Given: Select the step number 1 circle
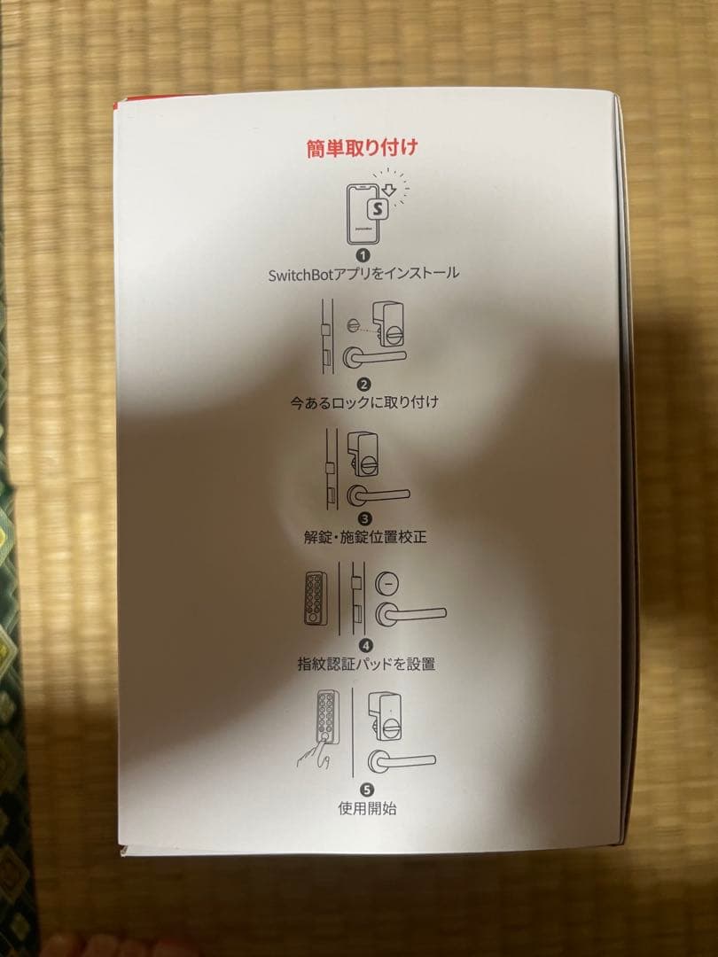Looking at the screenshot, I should (363, 255).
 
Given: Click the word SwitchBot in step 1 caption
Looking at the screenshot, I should (303, 274).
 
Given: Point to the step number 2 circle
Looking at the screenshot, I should (363, 384).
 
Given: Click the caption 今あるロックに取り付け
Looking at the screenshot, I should (363, 402).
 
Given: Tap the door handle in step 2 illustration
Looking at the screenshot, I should (372, 356).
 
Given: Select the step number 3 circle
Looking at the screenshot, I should (363, 518).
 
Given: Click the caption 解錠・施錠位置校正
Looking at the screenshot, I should (363, 537).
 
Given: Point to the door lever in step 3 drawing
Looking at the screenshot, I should (377, 494).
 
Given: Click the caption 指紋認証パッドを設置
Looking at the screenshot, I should (366, 663).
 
